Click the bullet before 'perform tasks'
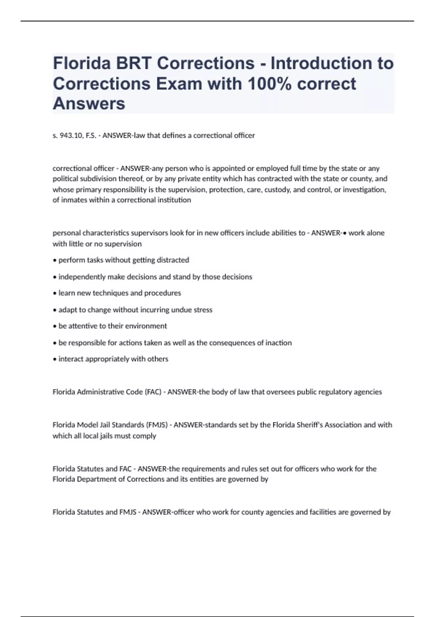click(54, 260)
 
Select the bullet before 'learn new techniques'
click(54, 293)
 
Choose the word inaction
click(279, 343)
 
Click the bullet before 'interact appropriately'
click(54, 359)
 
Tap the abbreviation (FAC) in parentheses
click(153, 392)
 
